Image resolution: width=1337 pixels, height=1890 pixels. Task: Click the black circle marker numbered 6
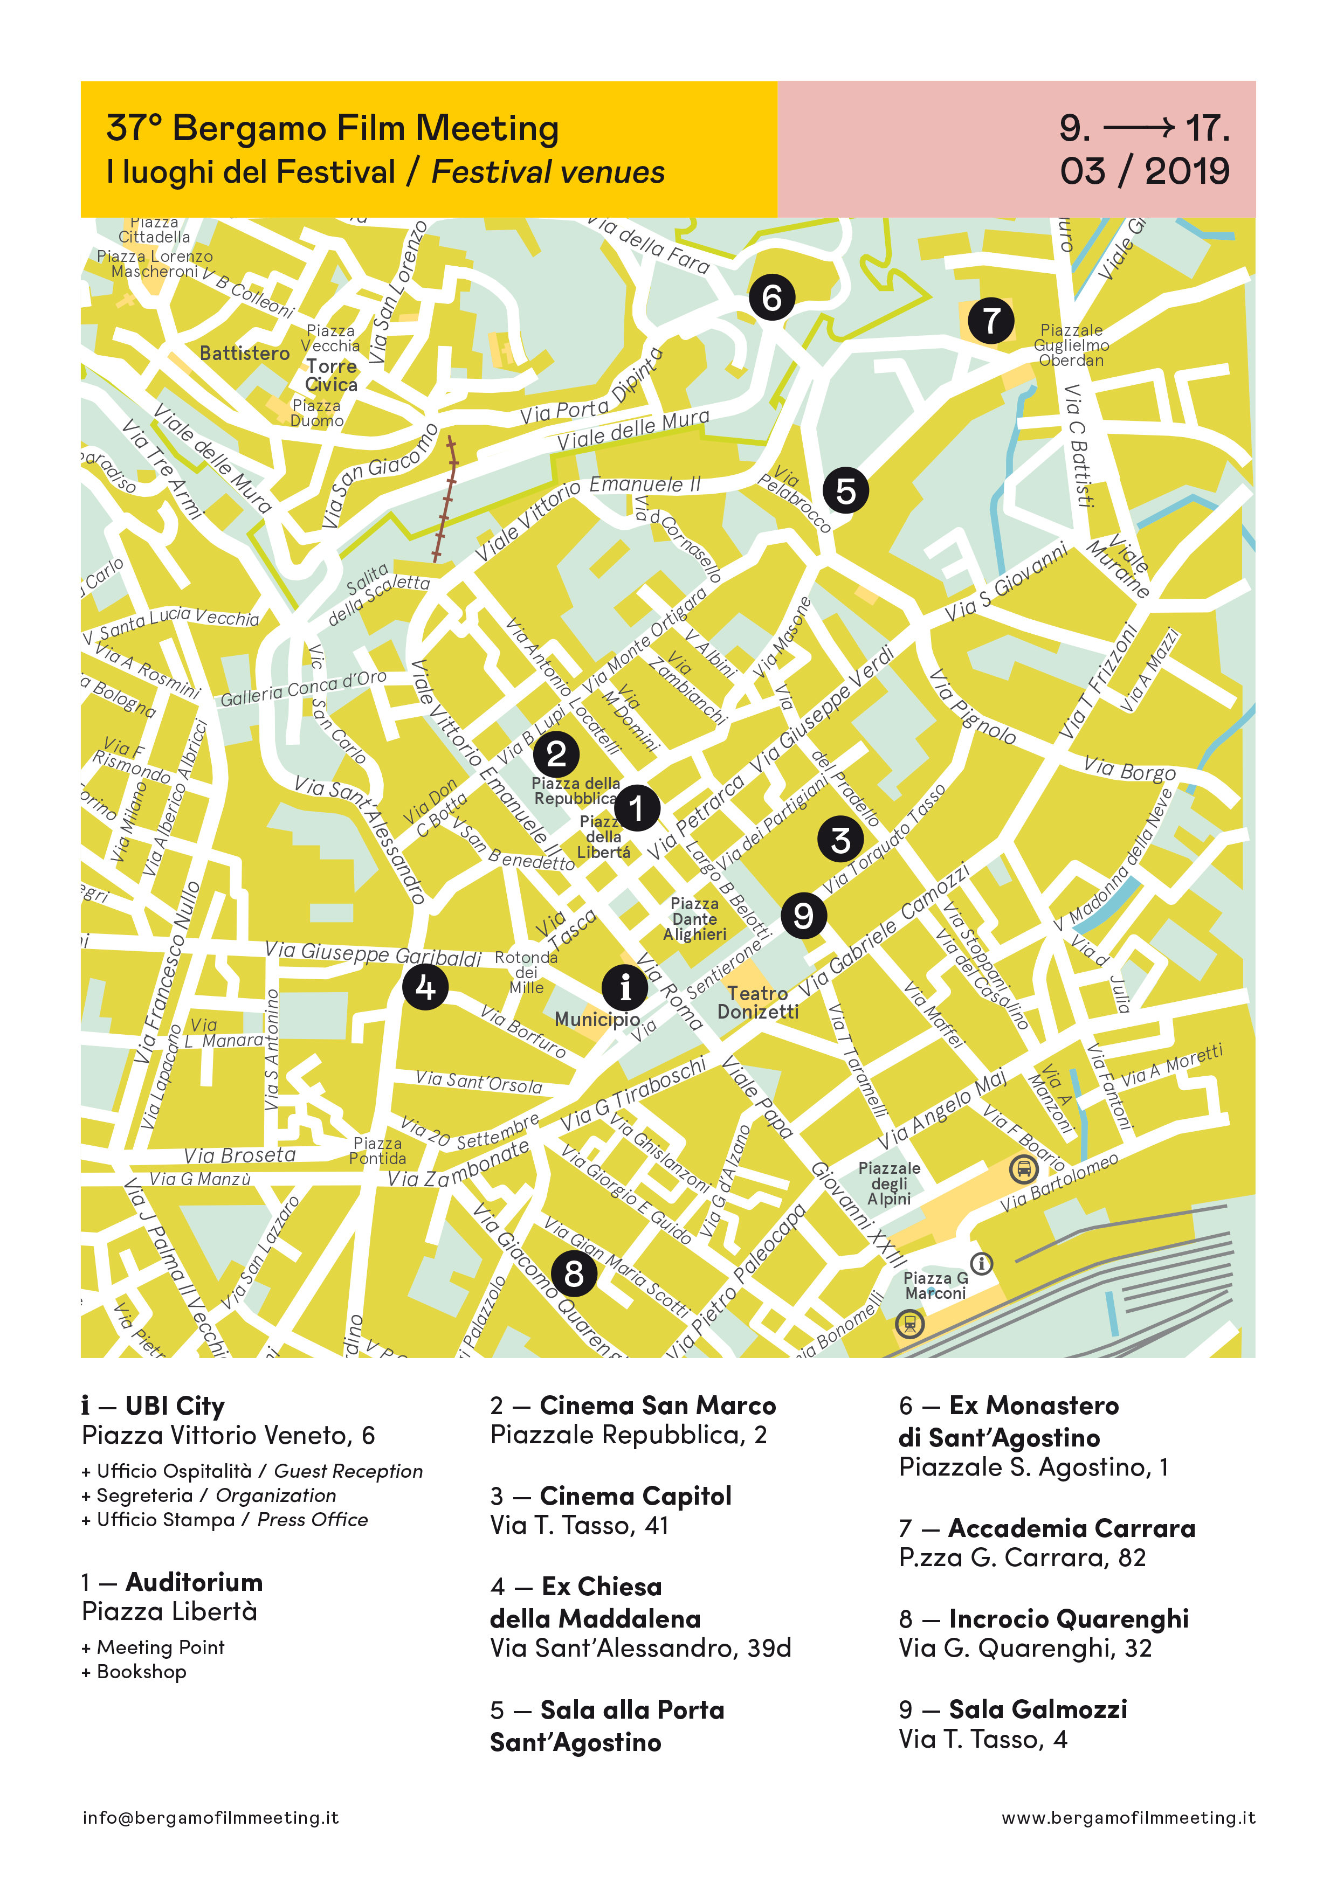[x=771, y=297]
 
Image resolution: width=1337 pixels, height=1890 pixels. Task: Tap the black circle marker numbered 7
[x=990, y=320]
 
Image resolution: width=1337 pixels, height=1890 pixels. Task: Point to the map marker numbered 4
[x=425, y=986]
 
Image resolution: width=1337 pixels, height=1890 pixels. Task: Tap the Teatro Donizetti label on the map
[x=757, y=1002]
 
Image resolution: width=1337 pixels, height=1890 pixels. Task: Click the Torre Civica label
[x=331, y=376]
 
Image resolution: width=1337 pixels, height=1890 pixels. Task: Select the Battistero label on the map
[x=245, y=353]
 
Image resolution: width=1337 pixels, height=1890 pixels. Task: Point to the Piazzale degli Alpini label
[x=889, y=1183]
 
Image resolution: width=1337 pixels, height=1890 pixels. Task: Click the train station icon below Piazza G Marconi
[x=909, y=1324]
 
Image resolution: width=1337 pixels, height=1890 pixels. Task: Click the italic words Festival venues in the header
[x=548, y=172]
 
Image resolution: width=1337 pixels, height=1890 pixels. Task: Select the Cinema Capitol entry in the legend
[x=635, y=1496]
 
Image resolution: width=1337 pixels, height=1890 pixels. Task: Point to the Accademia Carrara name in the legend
[x=1071, y=1528]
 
